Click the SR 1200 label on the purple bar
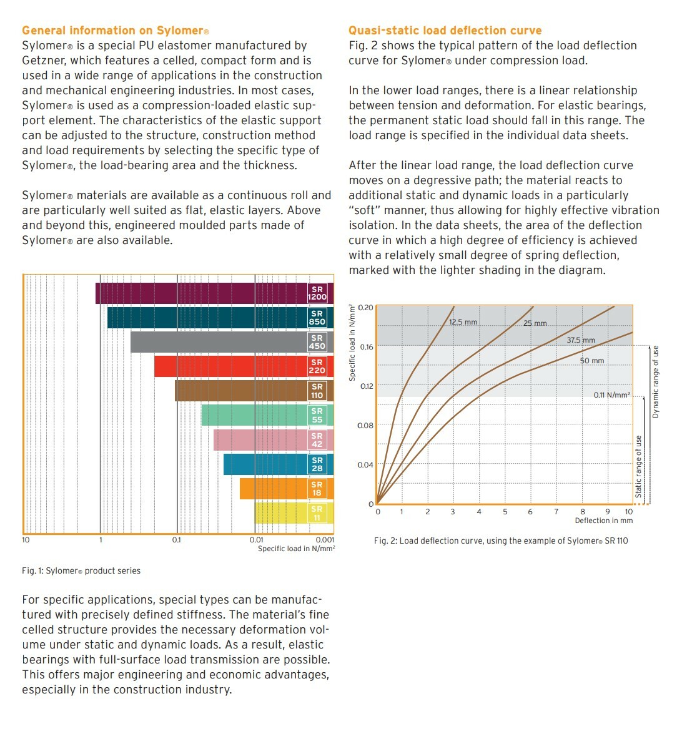click(317, 293)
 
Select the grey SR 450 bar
click(219, 342)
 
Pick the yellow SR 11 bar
click(281, 513)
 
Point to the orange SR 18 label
click(317, 489)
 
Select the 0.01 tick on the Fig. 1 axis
click(256, 540)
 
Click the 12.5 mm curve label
click(463, 322)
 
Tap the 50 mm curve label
click(592, 361)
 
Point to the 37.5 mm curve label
click(581, 340)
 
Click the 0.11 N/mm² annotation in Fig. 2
click(611, 395)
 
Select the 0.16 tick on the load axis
click(367, 347)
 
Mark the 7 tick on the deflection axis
click(556, 512)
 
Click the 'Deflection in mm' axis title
click(603, 521)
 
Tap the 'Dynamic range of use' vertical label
click(655, 382)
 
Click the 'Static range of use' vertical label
click(638, 467)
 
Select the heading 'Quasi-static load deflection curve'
click(445, 31)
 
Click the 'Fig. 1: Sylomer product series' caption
click(81, 570)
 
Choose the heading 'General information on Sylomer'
click(116, 31)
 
